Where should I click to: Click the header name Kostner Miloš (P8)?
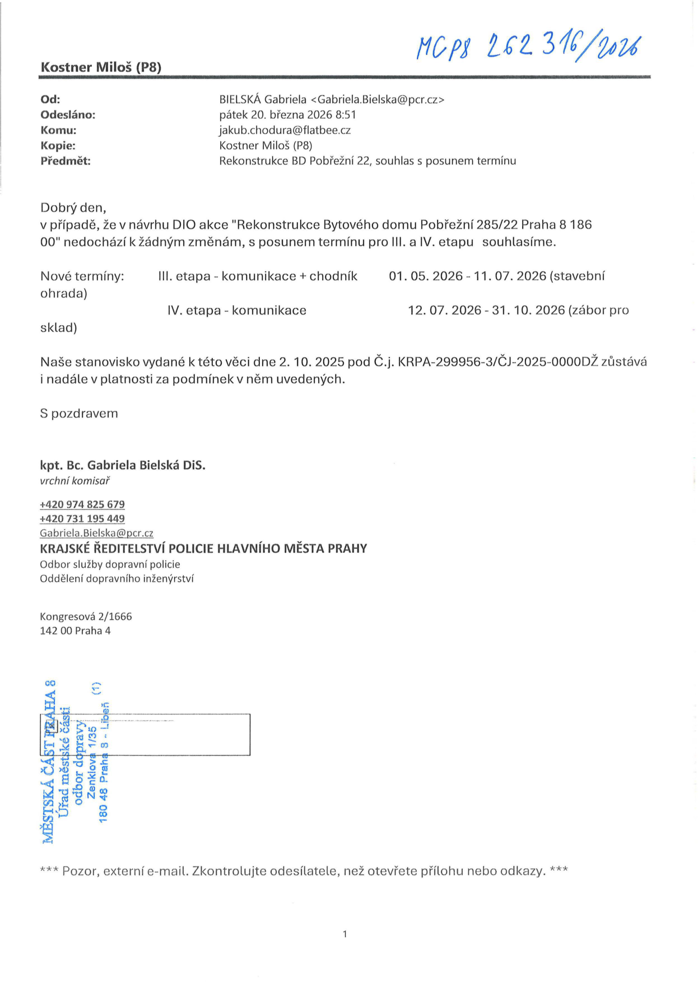point(101,67)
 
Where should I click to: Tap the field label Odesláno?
point(68,115)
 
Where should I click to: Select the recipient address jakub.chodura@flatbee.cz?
point(285,130)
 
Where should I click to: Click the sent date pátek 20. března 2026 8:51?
point(287,115)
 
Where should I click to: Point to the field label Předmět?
point(66,161)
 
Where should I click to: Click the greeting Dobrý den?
point(73,208)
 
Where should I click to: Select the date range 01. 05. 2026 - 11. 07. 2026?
point(467,276)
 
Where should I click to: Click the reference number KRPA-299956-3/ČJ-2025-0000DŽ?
point(498,362)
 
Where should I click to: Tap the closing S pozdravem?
point(79,414)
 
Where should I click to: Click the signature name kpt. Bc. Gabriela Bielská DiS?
point(123,465)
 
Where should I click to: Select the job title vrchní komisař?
point(75,481)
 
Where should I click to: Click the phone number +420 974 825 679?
point(82,504)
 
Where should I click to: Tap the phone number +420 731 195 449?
point(82,519)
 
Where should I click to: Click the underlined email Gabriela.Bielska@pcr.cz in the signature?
point(96,533)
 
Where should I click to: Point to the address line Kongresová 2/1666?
point(86,617)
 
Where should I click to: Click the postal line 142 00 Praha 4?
point(75,631)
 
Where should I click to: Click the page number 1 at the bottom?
point(345,934)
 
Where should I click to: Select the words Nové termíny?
point(82,276)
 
